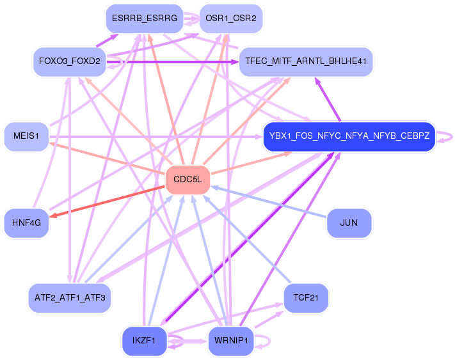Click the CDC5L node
[188, 180]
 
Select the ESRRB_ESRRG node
[144, 19]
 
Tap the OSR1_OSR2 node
[231, 19]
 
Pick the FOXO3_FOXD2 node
[69, 62]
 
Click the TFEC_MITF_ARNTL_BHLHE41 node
[306, 62]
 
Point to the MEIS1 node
[26, 136]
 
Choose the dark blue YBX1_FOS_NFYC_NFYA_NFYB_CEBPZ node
[349, 136]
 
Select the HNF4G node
[26, 223]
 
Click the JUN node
[349, 223]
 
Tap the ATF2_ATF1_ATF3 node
[69, 297]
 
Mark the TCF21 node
[306, 297]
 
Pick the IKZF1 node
[144, 341]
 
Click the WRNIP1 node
[231, 341]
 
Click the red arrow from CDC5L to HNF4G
[109, 201]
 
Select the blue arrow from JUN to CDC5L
[269, 202]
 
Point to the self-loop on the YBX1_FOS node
[447, 136]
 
